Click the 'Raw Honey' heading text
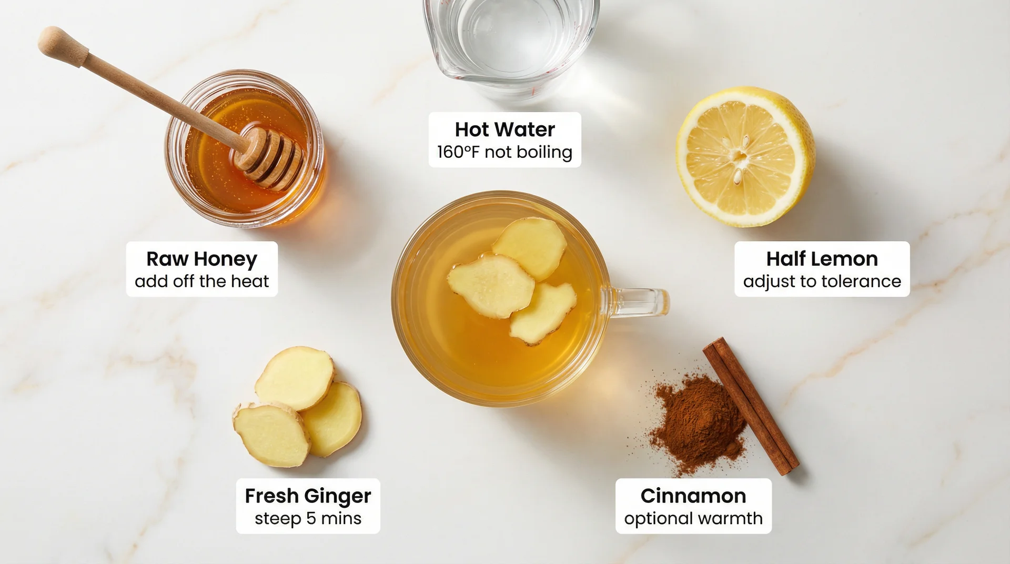pos(201,259)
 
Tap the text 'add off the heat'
pos(201,281)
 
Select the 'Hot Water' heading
pos(504,129)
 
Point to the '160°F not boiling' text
pos(504,152)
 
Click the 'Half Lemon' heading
pos(822,259)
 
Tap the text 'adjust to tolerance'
pos(822,281)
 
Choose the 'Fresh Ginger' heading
pos(308,496)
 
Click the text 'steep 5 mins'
pos(308,518)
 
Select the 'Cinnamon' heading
pos(693,496)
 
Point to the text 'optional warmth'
pos(693,518)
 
